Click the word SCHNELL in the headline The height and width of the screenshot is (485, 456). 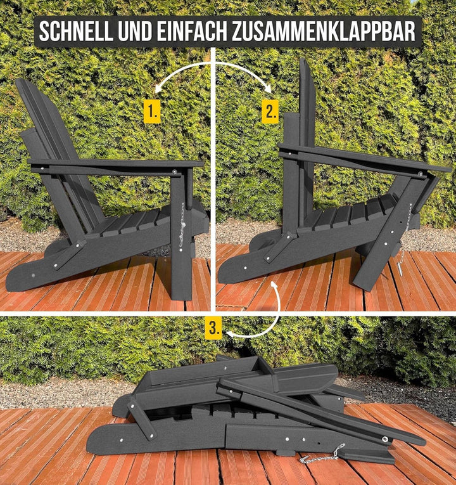[x=76, y=32]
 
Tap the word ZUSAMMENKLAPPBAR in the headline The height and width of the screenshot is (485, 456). [x=324, y=32]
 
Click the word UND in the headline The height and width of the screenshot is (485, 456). [x=135, y=32]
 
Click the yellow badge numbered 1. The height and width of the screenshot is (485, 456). [x=152, y=112]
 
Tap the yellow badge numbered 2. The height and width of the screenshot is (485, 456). [x=270, y=112]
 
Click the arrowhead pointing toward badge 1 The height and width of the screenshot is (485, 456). [x=158, y=90]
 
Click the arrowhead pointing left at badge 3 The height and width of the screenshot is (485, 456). [x=229, y=333]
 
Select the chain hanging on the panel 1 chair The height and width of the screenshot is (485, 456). [x=182, y=225]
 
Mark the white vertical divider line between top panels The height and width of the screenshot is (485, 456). [x=213, y=179]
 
